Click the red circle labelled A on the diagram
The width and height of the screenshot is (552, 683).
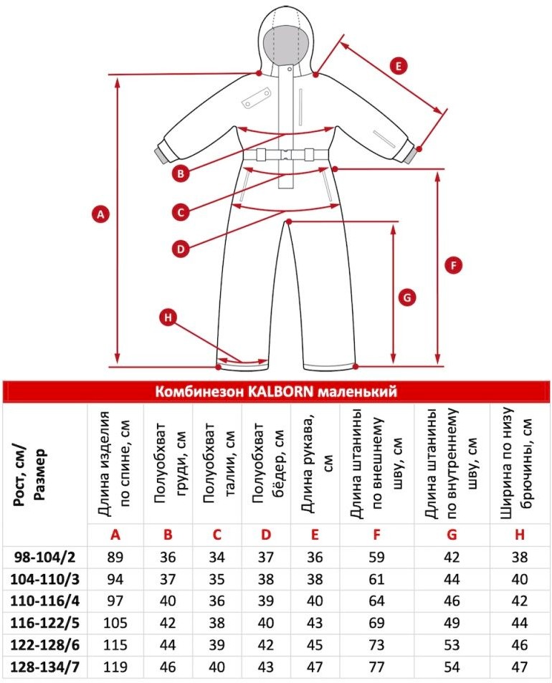click(100, 214)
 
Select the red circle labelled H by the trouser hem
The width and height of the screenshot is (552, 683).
click(168, 317)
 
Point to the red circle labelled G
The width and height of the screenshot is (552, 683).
click(407, 298)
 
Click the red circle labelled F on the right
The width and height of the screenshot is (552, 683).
click(454, 265)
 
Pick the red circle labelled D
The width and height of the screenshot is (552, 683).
click(181, 249)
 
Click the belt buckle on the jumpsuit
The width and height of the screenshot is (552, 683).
click(286, 155)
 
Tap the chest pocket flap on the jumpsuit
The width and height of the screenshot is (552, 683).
click(256, 97)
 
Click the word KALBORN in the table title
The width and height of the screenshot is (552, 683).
click(280, 391)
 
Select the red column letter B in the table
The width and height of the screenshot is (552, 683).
click(168, 535)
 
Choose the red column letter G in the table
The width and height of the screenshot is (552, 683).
click(452, 535)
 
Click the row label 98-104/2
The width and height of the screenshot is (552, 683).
click(45, 557)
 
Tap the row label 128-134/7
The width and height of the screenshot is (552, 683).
click(45, 667)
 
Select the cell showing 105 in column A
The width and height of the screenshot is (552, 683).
click(115, 623)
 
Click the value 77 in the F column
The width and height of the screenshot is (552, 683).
click(377, 667)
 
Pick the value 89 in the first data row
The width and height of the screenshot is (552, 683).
click(115, 557)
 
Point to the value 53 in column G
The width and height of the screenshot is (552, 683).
click(452, 645)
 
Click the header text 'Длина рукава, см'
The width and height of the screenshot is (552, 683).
click(315, 462)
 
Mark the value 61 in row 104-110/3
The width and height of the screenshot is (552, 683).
click(377, 579)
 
